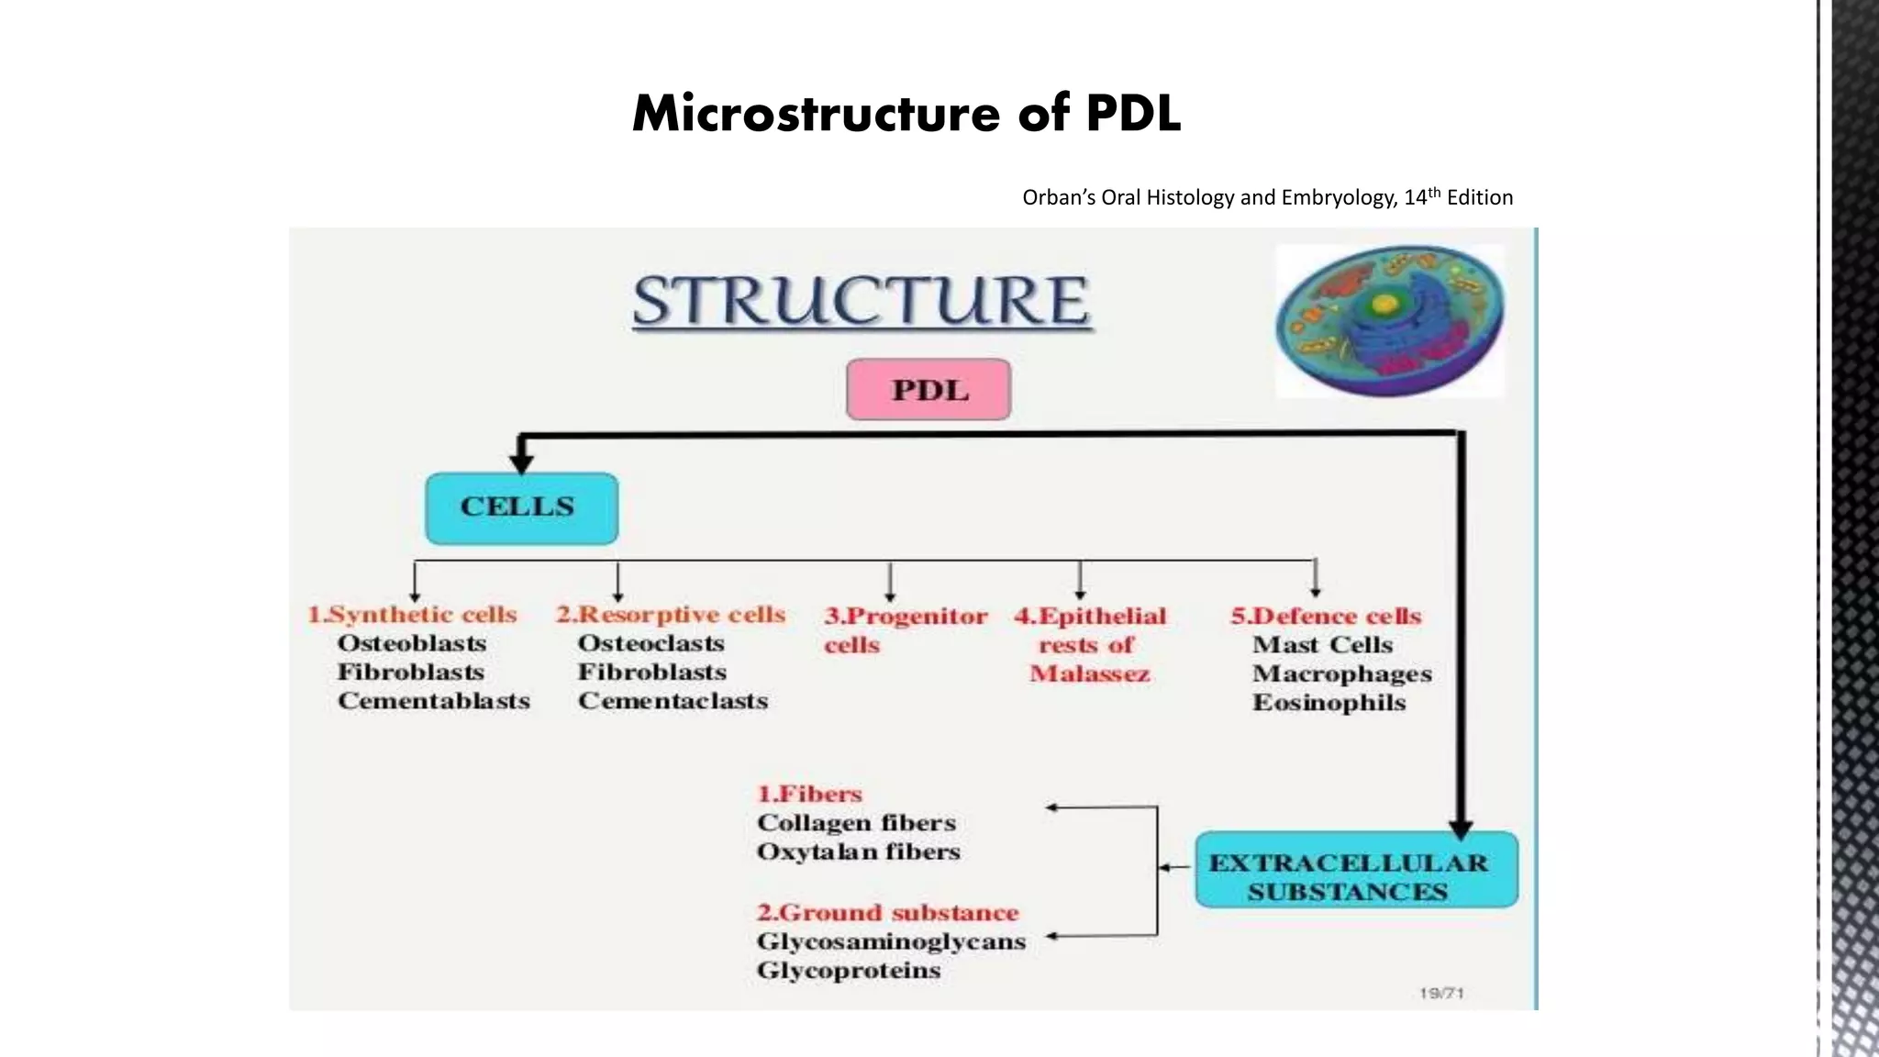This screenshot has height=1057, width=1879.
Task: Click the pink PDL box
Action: (x=928, y=390)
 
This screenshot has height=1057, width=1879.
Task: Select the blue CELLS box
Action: (x=521, y=507)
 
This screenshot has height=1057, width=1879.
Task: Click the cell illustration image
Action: (x=1390, y=321)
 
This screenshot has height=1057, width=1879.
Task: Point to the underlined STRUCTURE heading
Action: (x=862, y=301)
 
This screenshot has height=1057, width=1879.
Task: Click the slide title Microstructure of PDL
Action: (x=906, y=114)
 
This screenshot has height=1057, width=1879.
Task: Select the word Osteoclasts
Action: (x=650, y=643)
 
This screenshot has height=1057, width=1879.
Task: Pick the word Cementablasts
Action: (x=433, y=701)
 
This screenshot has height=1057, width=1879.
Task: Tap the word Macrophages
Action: (x=1341, y=673)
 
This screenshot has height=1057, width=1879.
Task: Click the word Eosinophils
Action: (x=1329, y=703)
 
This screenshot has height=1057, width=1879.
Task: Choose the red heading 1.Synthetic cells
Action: (x=412, y=615)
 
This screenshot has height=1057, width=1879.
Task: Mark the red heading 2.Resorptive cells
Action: (x=671, y=615)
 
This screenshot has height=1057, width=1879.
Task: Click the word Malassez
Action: (x=1089, y=674)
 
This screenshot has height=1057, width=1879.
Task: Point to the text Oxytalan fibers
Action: (x=858, y=852)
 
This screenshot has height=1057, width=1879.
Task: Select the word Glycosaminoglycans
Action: (x=891, y=941)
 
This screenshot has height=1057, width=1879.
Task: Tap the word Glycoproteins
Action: (x=849, y=971)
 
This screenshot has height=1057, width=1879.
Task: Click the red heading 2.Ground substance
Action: (x=887, y=913)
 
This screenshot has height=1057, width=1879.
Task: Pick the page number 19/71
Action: (x=1440, y=993)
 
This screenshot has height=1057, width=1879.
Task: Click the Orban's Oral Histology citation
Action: (x=1267, y=197)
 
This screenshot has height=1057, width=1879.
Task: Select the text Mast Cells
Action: (x=1322, y=645)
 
